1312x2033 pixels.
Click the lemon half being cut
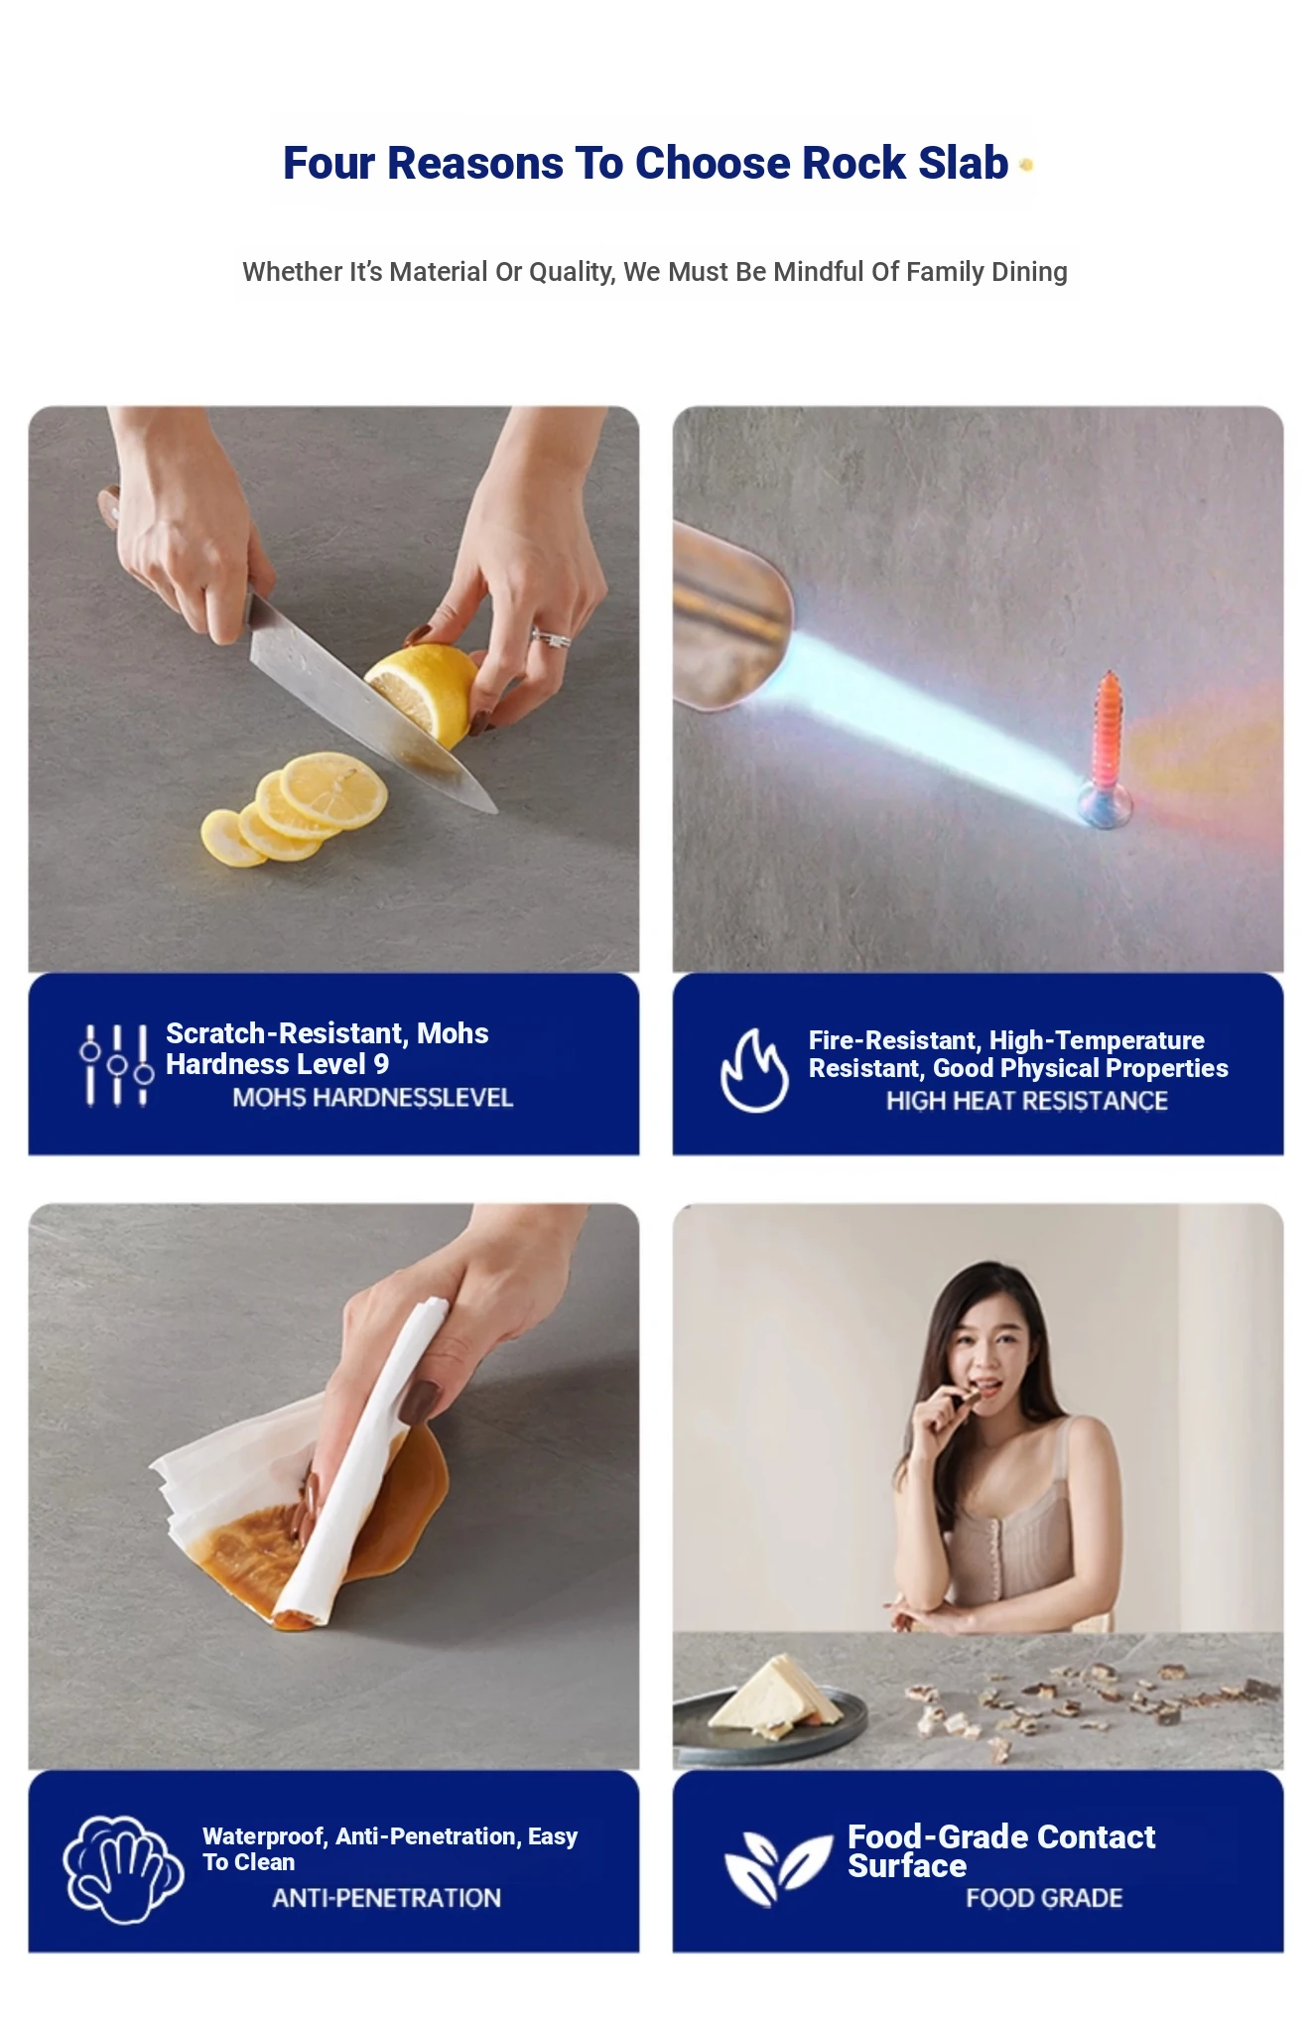(x=424, y=691)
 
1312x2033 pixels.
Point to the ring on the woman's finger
(x=551, y=638)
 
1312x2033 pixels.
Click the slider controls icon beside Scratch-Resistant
(x=116, y=1064)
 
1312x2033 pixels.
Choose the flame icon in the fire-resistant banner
(x=754, y=1070)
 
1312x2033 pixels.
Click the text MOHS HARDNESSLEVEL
(x=372, y=1098)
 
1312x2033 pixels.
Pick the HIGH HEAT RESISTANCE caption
(x=1026, y=1101)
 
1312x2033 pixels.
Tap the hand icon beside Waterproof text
(x=122, y=1868)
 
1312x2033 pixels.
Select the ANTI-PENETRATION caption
(x=386, y=1898)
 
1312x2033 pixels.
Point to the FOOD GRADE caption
(x=1044, y=1898)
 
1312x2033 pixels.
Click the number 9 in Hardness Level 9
(x=381, y=1064)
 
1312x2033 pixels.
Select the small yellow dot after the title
(x=1026, y=165)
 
